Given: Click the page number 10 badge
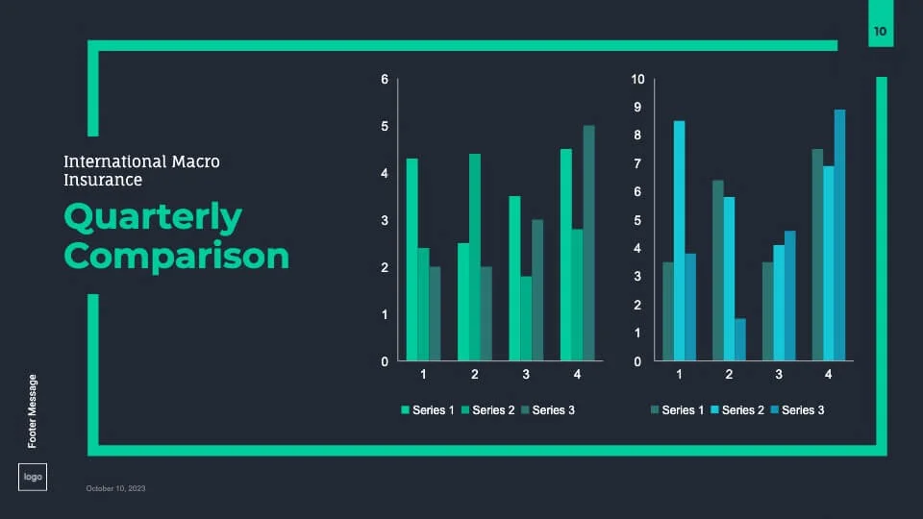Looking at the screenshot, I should coord(880,32).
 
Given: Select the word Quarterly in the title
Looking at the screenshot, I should coord(153,218).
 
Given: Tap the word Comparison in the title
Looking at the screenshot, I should coord(176,257).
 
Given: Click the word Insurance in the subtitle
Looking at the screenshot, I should coord(103,180).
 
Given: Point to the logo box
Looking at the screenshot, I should coord(32,478).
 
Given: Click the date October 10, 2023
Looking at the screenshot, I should coord(115,489).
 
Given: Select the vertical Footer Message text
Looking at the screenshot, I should coord(33,410).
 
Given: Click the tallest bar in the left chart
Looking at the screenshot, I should coord(588,243).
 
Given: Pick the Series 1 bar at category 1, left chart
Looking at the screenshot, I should coord(412,259).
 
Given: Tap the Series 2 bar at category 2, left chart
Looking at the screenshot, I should coord(474,258).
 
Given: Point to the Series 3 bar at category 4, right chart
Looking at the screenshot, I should coord(839,235).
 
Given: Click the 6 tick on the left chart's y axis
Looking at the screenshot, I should coord(385,79).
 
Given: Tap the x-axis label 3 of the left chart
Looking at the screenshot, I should coord(526,374).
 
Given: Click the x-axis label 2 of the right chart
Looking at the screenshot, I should coord(729,374).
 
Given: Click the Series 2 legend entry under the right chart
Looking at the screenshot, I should coord(737,410).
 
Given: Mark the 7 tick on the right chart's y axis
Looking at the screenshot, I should coord(636,163).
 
